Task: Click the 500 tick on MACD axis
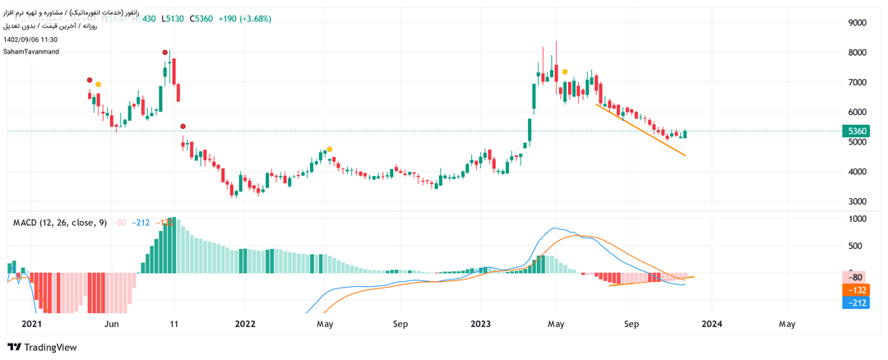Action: [x=858, y=246]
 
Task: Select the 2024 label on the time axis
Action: [x=712, y=325]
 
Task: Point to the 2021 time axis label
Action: [x=31, y=325]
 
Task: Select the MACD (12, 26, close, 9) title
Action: [x=60, y=223]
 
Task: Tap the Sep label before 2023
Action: [x=400, y=325]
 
